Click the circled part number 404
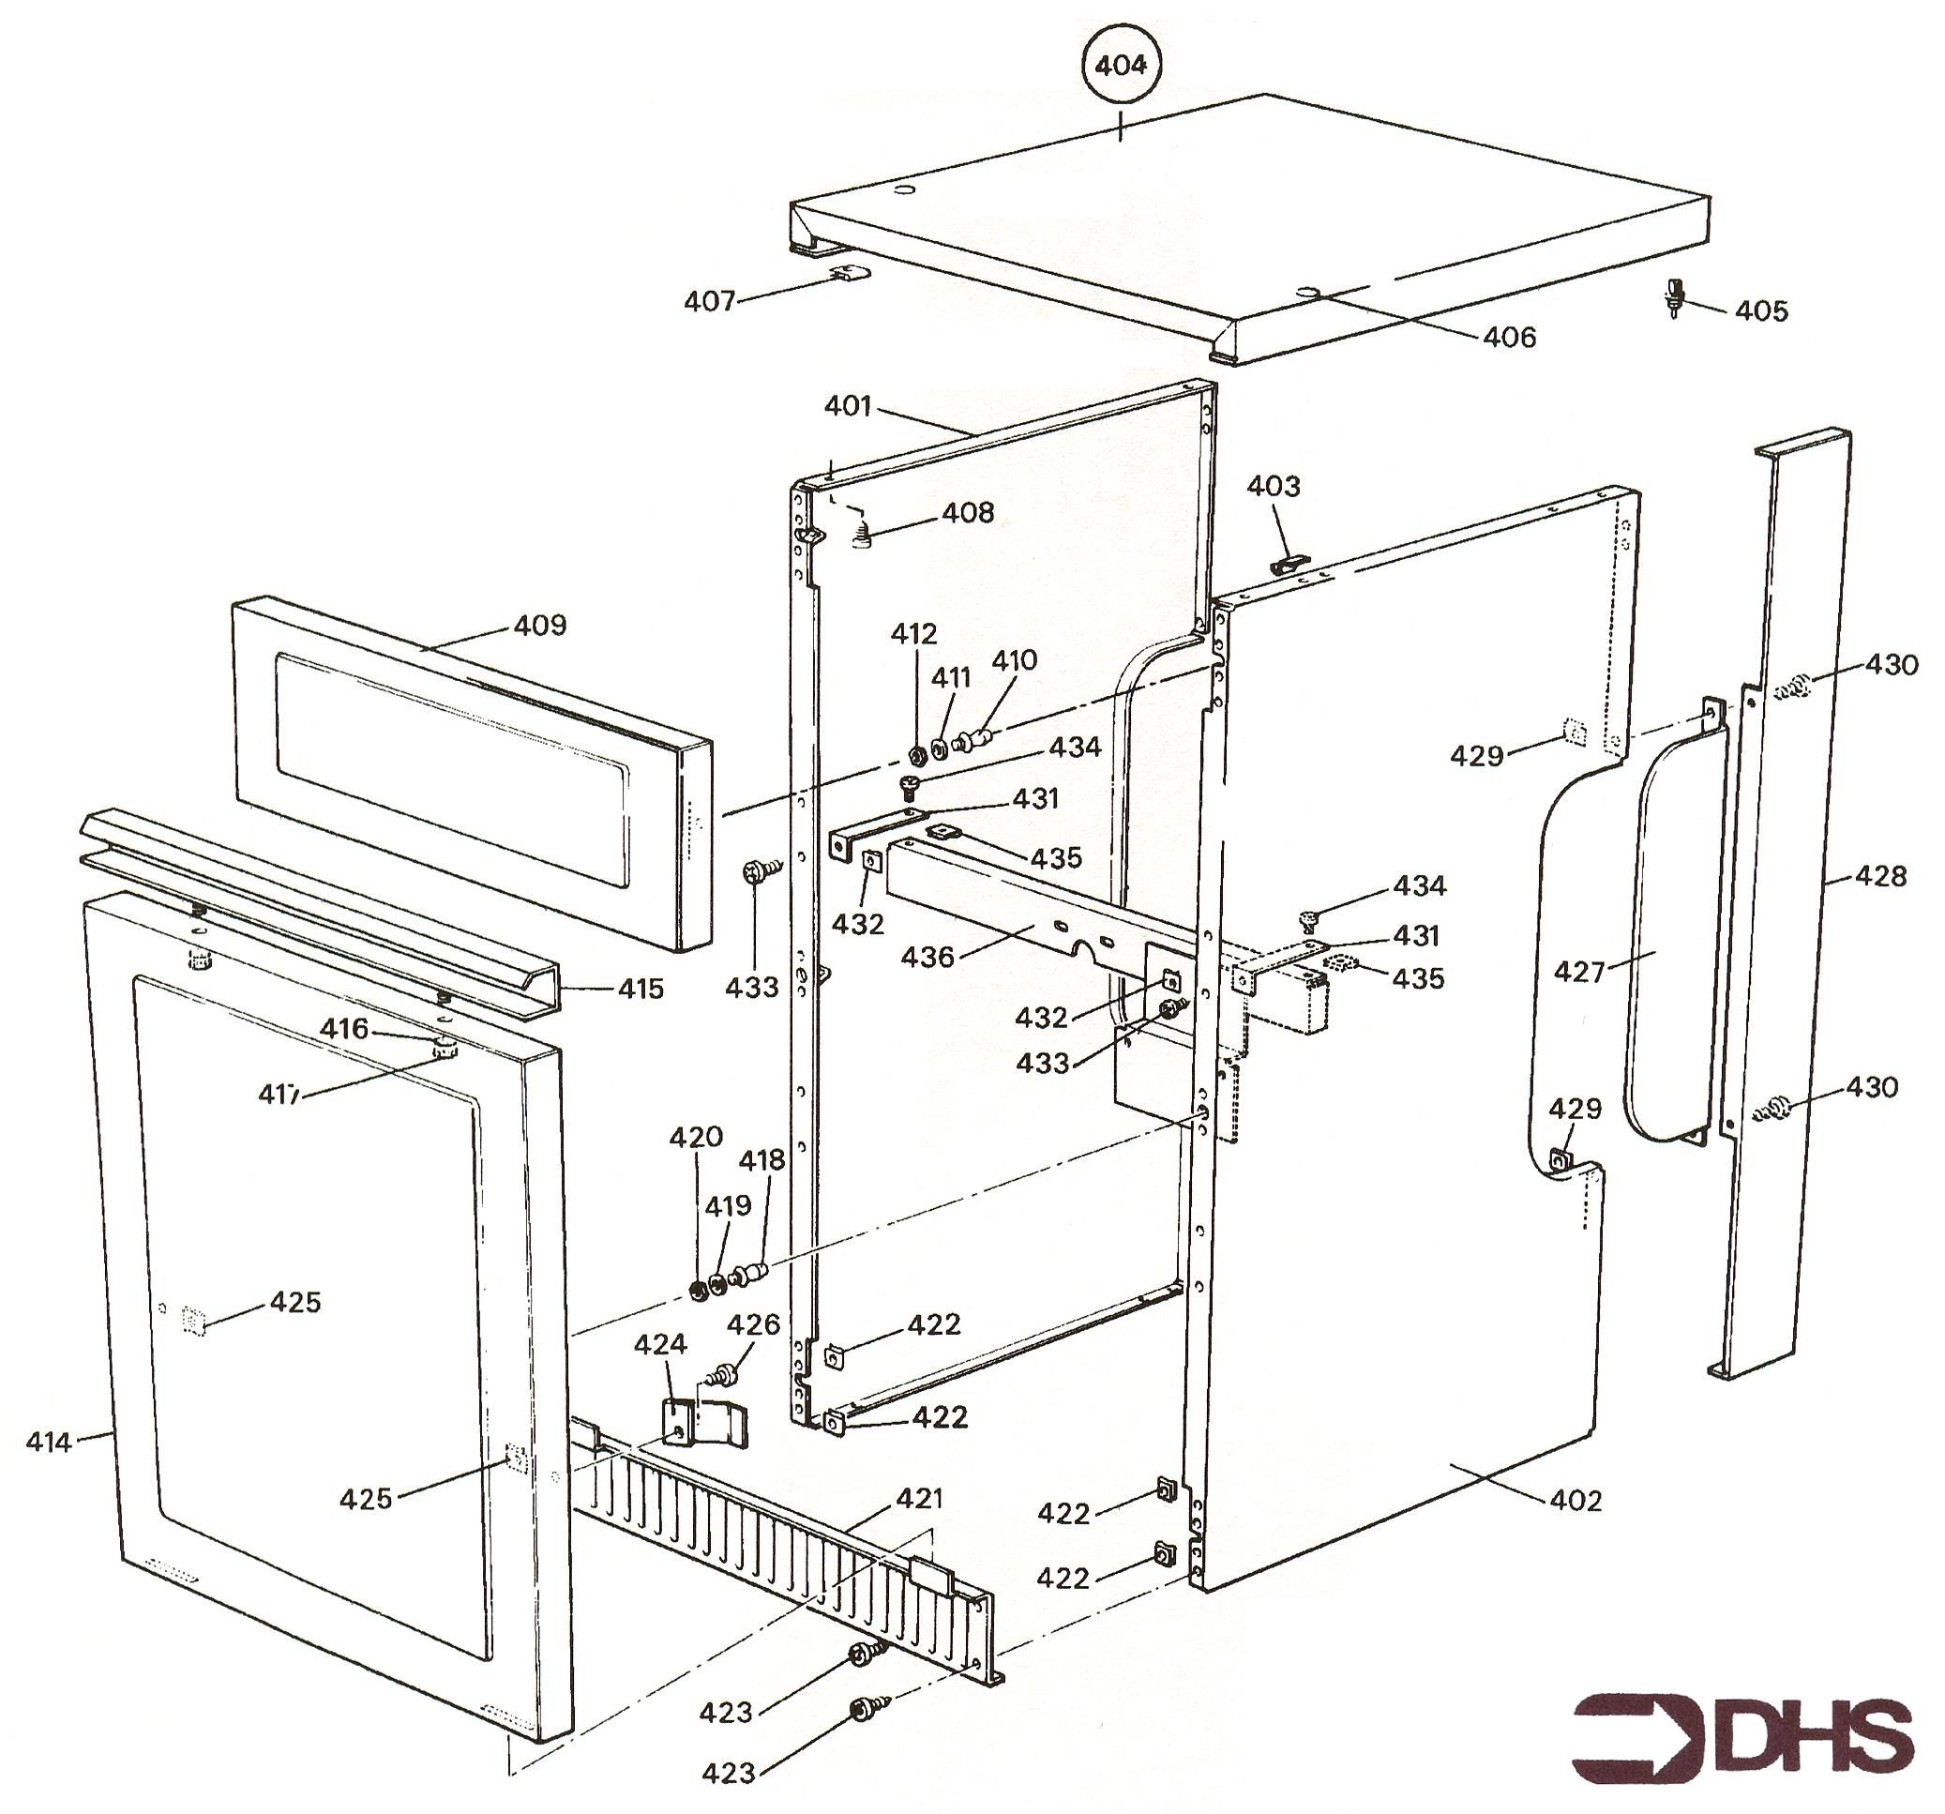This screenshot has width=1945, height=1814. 1121,66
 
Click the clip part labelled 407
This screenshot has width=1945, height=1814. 849,272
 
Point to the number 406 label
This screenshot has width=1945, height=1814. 1510,338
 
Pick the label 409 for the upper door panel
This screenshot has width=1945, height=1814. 540,626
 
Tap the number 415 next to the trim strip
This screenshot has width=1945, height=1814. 641,990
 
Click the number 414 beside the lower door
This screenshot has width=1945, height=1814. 49,1442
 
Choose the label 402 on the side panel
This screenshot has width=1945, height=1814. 1576,1500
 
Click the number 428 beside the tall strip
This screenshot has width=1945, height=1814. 1880,876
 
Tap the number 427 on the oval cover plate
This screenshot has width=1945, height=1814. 1580,972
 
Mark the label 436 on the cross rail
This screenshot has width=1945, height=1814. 927,956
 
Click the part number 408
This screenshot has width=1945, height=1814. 968,513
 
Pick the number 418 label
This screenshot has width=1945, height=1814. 761,1159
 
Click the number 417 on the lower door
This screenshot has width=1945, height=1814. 279,1094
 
